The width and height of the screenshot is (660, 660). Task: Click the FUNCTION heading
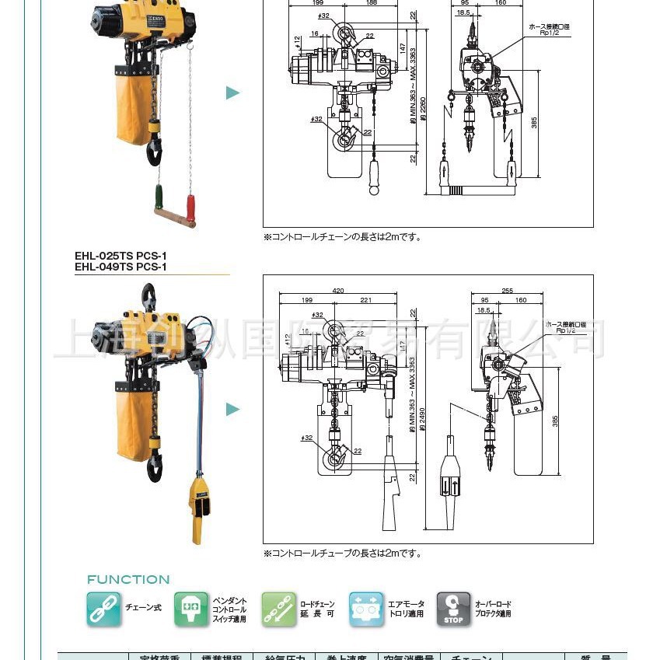(x=128, y=579)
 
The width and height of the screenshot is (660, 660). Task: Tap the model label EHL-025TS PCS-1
(x=120, y=255)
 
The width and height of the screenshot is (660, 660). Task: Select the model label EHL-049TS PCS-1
(x=120, y=267)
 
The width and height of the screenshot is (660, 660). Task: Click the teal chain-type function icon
(x=103, y=609)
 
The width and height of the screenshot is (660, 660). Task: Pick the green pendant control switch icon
(x=190, y=609)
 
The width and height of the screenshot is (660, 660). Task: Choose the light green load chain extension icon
(x=278, y=609)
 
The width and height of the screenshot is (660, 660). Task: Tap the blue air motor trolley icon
(x=366, y=609)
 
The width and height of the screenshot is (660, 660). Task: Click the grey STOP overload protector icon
(x=453, y=609)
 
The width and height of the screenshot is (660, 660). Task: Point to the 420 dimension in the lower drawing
(x=338, y=291)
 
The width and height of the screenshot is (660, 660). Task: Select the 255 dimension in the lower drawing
(x=507, y=291)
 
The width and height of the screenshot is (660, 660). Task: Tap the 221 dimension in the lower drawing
(x=365, y=300)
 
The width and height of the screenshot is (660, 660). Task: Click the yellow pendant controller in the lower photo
(x=200, y=509)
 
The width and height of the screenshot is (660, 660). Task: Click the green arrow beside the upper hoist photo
(x=233, y=93)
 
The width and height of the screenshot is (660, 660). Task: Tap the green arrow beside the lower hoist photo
(x=233, y=410)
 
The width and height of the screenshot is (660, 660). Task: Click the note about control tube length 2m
(x=343, y=553)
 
